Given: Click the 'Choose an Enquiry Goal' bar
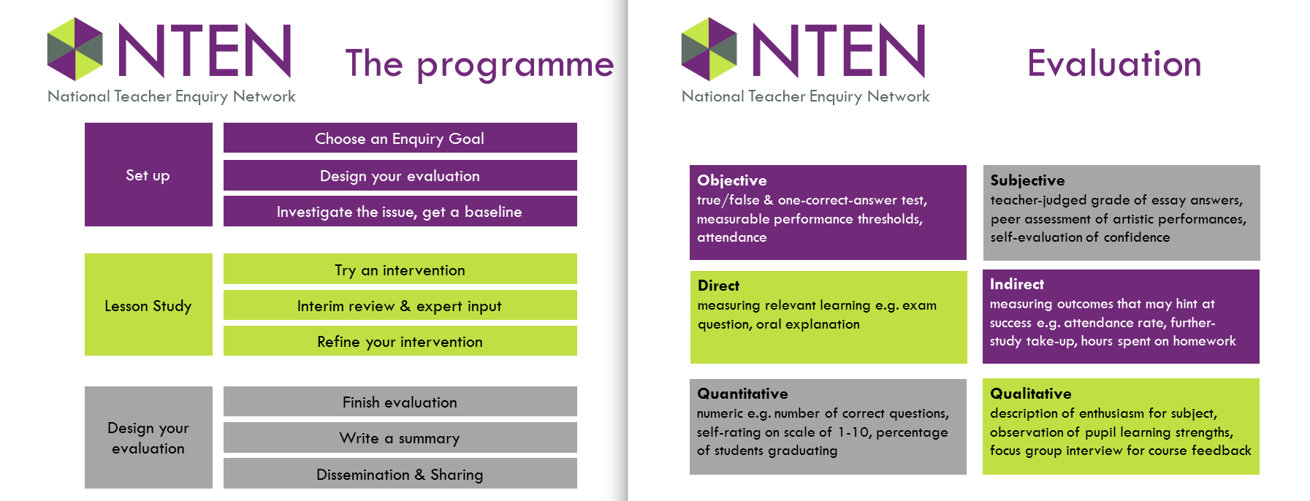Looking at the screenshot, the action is (400, 138).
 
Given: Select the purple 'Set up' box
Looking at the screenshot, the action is (148, 175).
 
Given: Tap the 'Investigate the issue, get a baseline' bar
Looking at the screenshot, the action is (400, 211).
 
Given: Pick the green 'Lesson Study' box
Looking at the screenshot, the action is (148, 305).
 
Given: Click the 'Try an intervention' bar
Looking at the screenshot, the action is (400, 269).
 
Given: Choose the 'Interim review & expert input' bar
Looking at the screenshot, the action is (400, 305).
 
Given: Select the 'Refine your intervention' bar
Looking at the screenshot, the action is (400, 341).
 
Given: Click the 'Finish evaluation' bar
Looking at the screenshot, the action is (400, 402).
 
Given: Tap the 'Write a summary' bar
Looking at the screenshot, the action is (400, 437).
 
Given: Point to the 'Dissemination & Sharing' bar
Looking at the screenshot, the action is (400, 473).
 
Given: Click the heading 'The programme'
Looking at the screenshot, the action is (479, 64).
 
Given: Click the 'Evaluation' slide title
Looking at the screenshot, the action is (1114, 64).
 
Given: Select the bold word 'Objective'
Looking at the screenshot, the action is (732, 180).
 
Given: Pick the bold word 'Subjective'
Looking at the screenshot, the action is (1027, 180).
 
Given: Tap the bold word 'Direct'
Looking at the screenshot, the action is (718, 286).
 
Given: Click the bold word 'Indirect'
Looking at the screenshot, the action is (1017, 284).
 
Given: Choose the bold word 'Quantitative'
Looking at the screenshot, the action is (742, 394).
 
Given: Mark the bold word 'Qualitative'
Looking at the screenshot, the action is (1030, 394).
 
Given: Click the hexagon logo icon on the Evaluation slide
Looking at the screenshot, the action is (709, 50).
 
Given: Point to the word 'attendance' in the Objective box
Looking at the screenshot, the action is (731, 237).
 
